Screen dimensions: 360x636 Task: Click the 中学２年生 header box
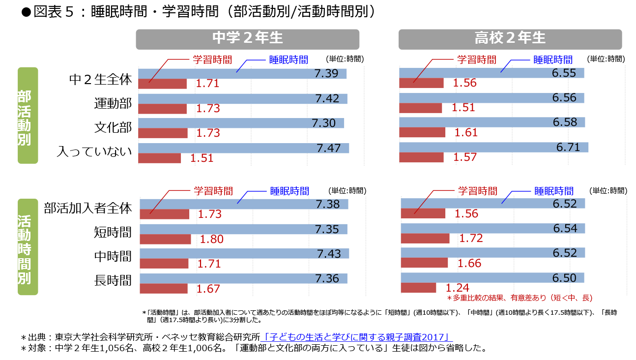(x=247, y=39)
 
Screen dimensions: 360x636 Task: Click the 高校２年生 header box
(x=510, y=39)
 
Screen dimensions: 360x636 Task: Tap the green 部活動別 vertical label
(x=28, y=115)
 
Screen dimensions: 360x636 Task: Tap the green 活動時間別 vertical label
(x=28, y=246)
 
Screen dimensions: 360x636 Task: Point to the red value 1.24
(x=457, y=288)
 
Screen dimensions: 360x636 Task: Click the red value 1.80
(x=211, y=240)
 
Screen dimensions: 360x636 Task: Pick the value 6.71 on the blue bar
(x=568, y=147)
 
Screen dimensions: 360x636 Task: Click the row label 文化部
(x=113, y=128)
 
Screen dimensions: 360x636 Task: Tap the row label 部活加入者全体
(x=88, y=209)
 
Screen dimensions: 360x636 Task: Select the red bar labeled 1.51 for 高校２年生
(x=420, y=108)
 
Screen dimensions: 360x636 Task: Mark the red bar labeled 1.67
(x=164, y=288)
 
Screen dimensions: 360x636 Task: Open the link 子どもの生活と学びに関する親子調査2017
(x=357, y=337)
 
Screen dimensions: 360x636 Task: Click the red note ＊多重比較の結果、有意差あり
(x=520, y=298)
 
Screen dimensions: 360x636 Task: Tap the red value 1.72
(x=471, y=239)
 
